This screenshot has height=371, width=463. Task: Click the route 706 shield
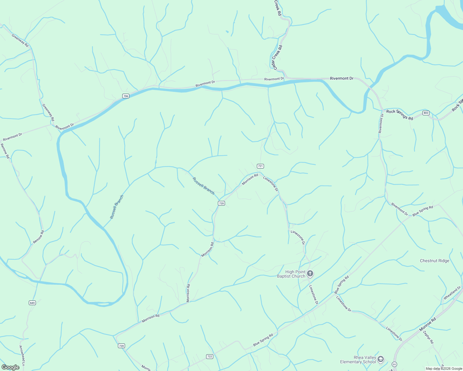[125, 96]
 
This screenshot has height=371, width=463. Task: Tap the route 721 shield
[260, 166]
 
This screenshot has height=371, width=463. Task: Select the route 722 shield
[210, 356]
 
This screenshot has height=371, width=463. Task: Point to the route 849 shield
[32, 303]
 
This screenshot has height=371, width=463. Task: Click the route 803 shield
[426, 113]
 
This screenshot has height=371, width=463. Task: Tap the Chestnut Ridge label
[434, 261]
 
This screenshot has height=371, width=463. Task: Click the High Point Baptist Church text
[291, 274]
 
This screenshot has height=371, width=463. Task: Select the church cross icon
[310, 274]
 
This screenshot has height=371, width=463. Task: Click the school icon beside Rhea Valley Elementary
[381, 359]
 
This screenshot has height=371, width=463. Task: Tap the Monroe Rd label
[427, 325]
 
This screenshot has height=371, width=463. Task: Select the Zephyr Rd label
[428, 337]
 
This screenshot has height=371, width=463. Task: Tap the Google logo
[10, 367]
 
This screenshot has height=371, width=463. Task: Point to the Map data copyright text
[444, 369]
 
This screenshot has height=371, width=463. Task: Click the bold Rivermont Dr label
[341, 79]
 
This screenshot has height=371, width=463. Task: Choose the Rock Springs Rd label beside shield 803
[400, 115]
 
